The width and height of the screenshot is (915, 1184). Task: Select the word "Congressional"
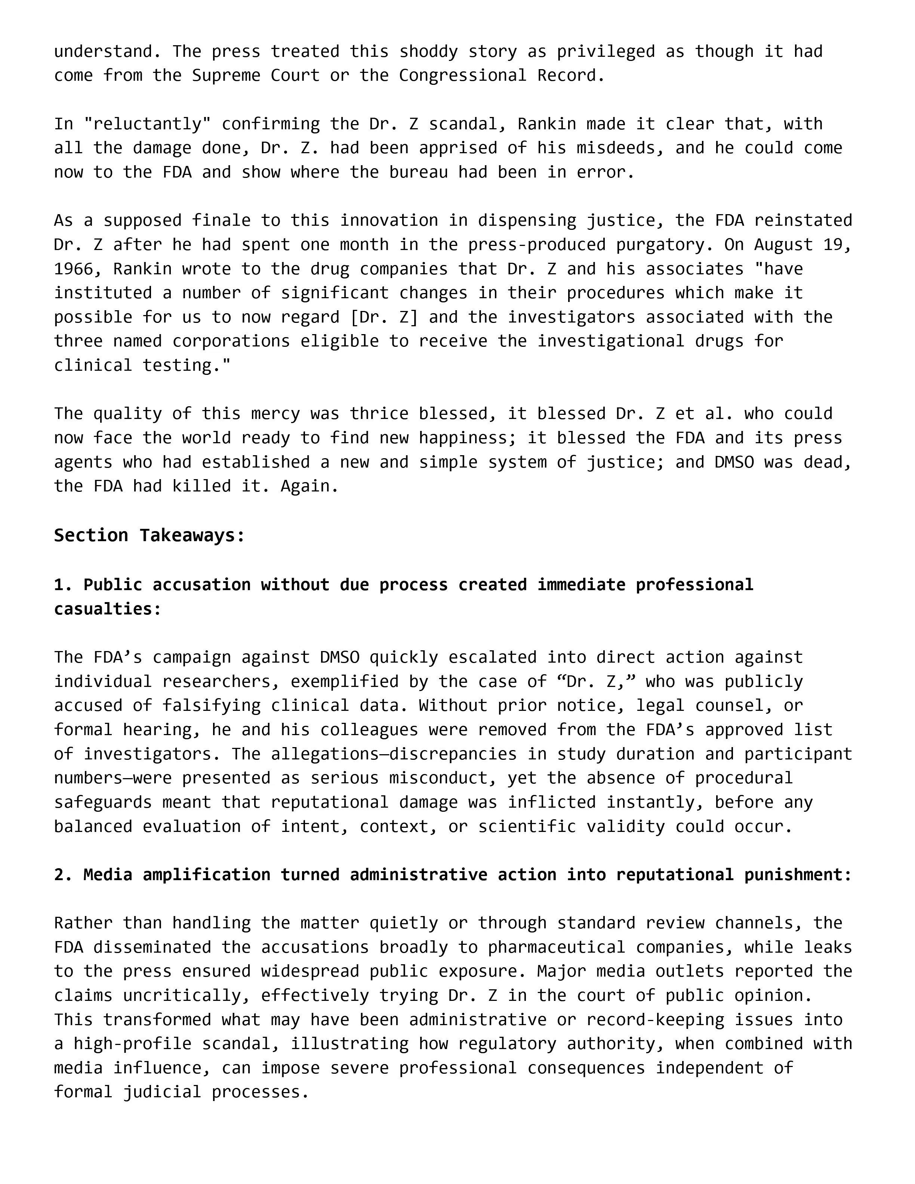[x=462, y=75]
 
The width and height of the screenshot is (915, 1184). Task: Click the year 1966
[x=73, y=269]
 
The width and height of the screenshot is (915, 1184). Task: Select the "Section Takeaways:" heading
[x=150, y=536]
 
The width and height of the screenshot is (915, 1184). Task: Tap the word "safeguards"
[x=103, y=802]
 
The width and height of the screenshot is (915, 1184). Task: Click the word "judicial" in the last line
[x=162, y=1092]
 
